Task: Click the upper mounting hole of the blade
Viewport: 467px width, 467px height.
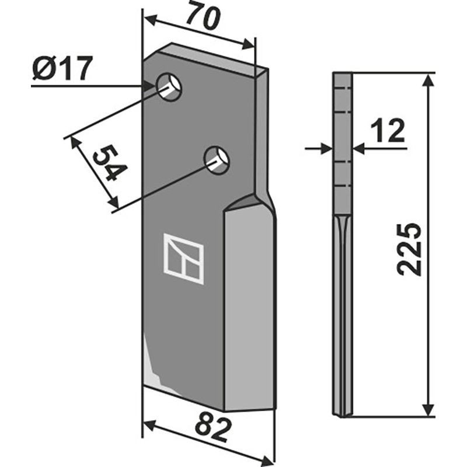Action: [169, 86]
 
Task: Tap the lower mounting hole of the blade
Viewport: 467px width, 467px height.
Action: [217, 158]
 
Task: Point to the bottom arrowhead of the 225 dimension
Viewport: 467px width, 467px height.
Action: [429, 410]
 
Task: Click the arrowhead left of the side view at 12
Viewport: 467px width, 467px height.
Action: [325, 149]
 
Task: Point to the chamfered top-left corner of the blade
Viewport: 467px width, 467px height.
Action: [155, 53]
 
